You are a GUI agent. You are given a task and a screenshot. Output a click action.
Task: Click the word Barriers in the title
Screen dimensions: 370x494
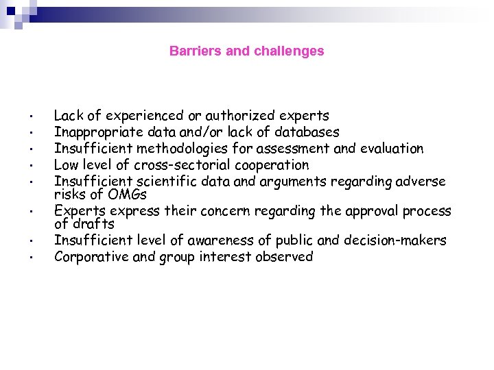point(191,51)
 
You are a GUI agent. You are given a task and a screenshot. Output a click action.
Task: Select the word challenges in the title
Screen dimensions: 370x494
point(288,51)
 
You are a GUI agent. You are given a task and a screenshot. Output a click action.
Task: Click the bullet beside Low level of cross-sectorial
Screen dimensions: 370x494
point(32,166)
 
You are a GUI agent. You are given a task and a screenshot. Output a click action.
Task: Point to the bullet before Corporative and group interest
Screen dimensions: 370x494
point(32,258)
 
